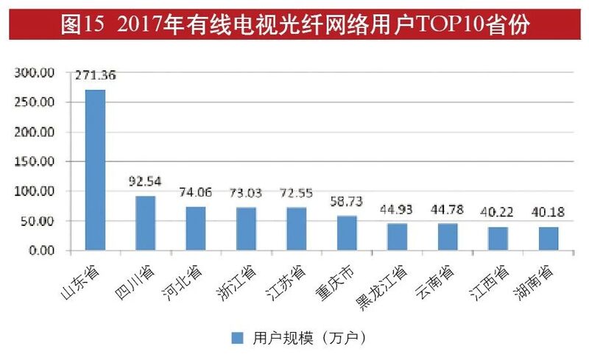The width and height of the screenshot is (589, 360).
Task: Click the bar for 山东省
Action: [x=95, y=170]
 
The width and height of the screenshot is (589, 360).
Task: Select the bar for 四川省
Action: [x=145, y=223]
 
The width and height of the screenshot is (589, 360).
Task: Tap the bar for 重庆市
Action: [x=347, y=233]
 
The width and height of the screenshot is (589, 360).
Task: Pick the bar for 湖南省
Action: [x=549, y=239]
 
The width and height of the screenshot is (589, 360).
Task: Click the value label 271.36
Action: [x=96, y=74]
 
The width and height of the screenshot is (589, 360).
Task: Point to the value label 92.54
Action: [x=145, y=180]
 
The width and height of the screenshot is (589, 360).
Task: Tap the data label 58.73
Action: [x=347, y=200]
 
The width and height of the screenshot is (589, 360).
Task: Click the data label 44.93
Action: [x=398, y=208]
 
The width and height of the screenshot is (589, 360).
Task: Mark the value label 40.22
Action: [x=498, y=211]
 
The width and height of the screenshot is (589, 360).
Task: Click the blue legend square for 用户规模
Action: [x=237, y=338]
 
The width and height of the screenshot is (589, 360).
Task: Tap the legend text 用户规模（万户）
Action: [x=308, y=338]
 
